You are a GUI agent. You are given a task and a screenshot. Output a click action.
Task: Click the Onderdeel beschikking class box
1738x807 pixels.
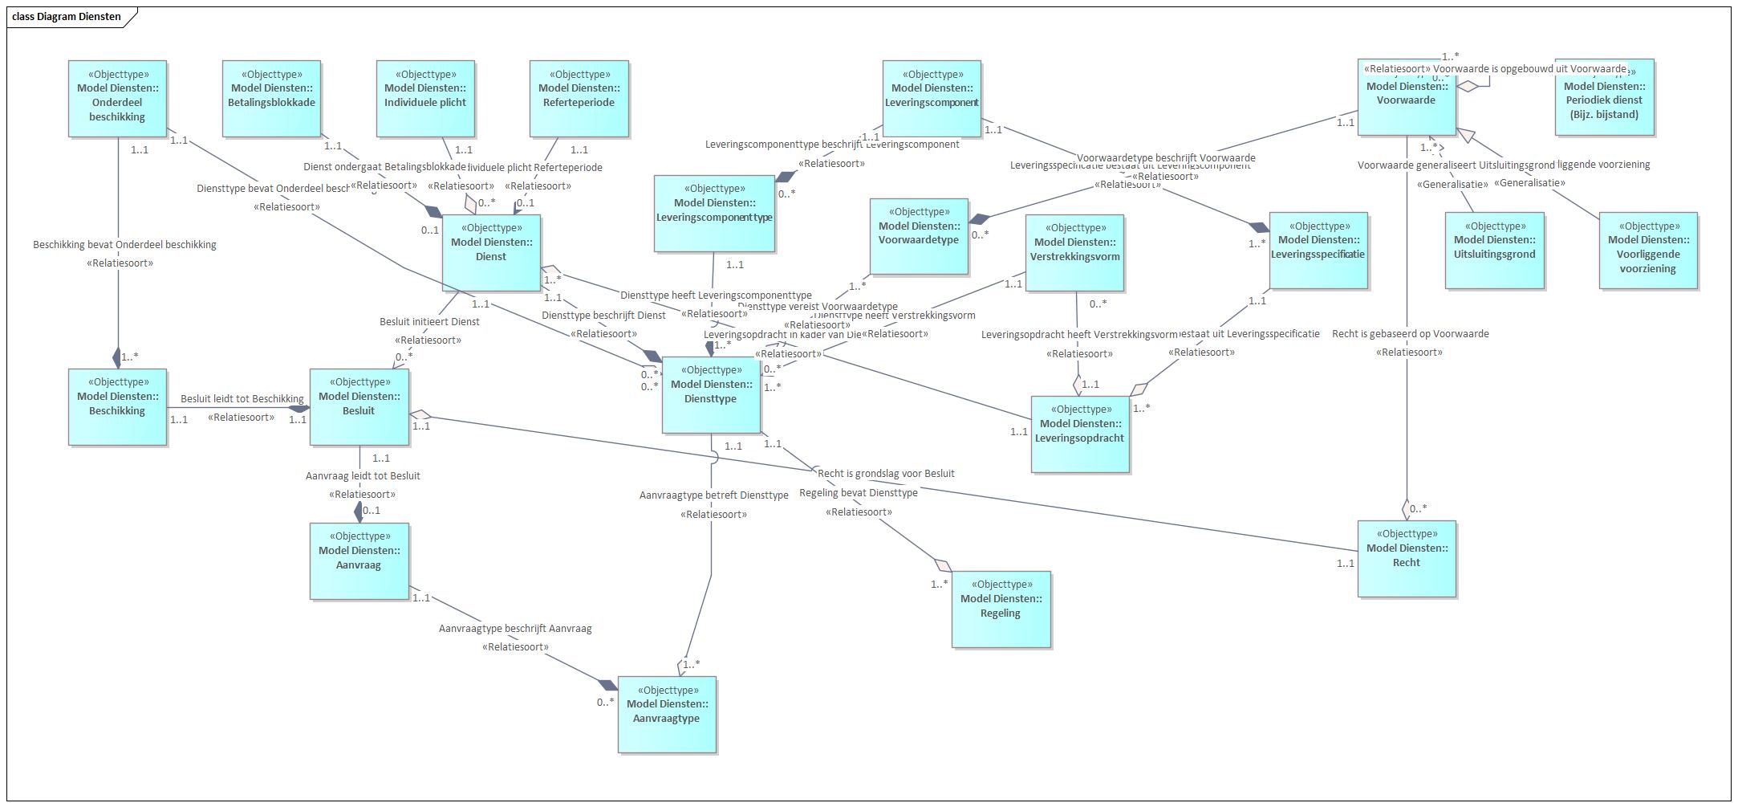coord(117,98)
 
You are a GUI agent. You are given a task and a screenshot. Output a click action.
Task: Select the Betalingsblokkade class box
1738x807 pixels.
coord(271,98)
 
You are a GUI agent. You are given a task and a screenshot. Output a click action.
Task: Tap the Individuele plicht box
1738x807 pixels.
coord(425,98)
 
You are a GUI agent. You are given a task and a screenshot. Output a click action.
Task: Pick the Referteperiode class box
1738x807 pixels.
coord(579,98)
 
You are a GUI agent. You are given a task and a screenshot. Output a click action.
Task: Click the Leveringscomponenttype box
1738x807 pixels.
coord(714,213)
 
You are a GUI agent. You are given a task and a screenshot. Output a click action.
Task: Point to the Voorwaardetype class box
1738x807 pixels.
coord(919,236)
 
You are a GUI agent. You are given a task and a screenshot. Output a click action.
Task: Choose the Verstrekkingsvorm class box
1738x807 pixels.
coord(1074,252)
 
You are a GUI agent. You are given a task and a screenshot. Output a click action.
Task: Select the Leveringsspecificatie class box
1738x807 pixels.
coord(1318,250)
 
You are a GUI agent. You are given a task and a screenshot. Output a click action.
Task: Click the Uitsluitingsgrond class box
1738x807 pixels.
coord(1494,250)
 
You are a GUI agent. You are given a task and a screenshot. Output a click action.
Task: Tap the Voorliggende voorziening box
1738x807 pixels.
coord(1648,250)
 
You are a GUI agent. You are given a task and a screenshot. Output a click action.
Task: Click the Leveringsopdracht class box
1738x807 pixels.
coord(1080,434)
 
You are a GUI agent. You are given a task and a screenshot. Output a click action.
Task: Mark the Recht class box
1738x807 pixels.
coord(1407,559)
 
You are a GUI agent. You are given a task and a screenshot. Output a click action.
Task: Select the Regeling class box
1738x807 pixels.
coord(1001,609)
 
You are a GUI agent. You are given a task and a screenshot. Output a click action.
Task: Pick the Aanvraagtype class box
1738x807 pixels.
coord(667,715)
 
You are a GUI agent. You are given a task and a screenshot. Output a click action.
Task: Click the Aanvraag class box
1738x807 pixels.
coord(359,560)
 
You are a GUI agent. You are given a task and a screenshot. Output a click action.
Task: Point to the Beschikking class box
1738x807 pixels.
coord(117,406)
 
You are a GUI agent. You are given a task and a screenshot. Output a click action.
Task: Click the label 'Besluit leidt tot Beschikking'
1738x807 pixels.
coord(242,399)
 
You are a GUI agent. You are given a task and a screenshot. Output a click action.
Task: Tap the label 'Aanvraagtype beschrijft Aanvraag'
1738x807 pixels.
coord(515,629)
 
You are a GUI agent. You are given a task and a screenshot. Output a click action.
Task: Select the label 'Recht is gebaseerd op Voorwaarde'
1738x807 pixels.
coord(1410,334)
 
